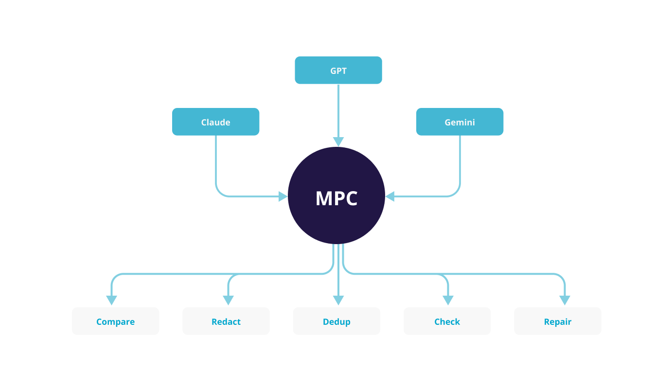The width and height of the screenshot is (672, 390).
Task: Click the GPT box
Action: pyautogui.click(x=338, y=70)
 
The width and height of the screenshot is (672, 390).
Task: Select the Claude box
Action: pyautogui.click(x=215, y=122)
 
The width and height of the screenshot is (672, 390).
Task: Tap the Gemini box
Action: pyautogui.click(x=460, y=122)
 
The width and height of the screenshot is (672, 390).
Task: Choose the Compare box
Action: pyautogui.click(x=115, y=321)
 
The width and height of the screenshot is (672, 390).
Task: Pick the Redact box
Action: pyautogui.click(x=226, y=321)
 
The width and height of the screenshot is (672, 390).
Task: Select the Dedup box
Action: pyautogui.click(x=336, y=321)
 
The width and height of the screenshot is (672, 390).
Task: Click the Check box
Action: pyautogui.click(x=447, y=321)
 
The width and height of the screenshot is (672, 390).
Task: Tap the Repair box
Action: pyautogui.click(x=557, y=321)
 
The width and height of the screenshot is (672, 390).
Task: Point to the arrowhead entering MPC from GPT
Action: pyautogui.click(x=338, y=142)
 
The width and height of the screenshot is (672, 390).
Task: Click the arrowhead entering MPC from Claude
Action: pyautogui.click(x=283, y=196)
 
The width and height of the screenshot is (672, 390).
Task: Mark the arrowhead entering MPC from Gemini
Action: pyautogui.click(x=390, y=196)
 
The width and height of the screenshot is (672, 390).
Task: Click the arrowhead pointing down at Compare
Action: pyautogui.click(x=112, y=301)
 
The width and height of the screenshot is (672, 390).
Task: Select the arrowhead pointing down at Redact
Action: pyautogui.click(x=229, y=301)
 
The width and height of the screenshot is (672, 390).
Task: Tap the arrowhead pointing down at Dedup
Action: pyautogui.click(x=338, y=301)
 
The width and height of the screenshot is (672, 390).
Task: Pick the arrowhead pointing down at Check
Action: pyautogui.click(x=448, y=301)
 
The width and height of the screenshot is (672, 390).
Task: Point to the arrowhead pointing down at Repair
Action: pyautogui.click(x=565, y=301)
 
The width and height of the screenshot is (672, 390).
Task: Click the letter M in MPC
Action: pyautogui.click(x=325, y=198)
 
